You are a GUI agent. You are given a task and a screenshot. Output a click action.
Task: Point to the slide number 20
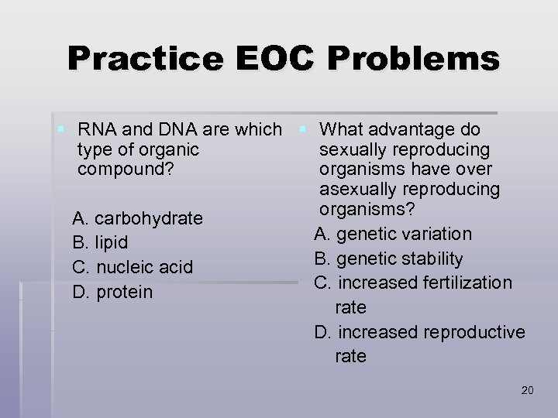click(528, 390)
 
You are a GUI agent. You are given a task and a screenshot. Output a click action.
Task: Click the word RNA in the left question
click(97, 128)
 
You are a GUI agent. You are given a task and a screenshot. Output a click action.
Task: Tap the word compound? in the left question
click(120, 168)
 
